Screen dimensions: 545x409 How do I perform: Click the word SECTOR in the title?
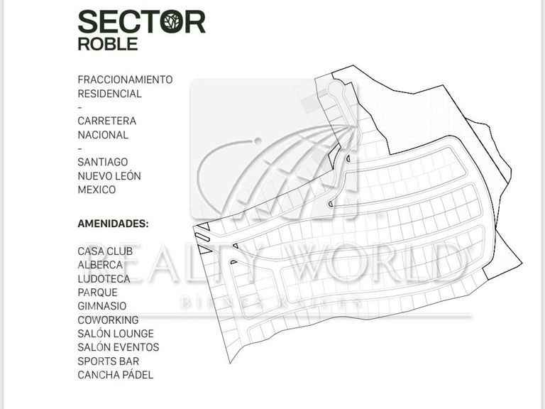[x=141, y=21]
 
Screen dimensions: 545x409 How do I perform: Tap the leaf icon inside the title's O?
[x=170, y=22]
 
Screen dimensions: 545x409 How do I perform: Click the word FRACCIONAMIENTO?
[x=125, y=80]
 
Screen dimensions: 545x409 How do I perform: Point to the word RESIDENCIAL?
[x=109, y=93]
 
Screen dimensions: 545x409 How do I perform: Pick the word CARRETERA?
[x=106, y=121]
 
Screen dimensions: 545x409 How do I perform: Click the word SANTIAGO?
[x=102, y=162]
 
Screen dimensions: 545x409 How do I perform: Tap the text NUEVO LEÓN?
[x=109, y=175]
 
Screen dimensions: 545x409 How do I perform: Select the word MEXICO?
[x=97, y=190]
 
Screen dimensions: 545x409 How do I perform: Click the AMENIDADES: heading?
[x=113, y=223]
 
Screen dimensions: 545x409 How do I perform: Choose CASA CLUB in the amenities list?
[x=105, y=251]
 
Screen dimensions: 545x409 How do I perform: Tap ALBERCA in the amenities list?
[x=100, y=265]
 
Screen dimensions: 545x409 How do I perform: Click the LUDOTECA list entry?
[x=104, y=278]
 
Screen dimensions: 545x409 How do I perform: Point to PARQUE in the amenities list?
[x=97, y=292]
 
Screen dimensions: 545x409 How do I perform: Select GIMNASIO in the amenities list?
[x=102, y=306]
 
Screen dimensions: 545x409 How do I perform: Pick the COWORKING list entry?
[x=108, y=320]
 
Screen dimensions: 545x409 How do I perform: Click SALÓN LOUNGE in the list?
[x=116, y=334]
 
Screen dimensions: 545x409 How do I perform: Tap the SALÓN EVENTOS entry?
[x=118, y=347]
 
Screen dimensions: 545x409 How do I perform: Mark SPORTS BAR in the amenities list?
[x=108, y=361]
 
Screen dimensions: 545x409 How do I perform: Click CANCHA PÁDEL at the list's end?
[x=115, y=375]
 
